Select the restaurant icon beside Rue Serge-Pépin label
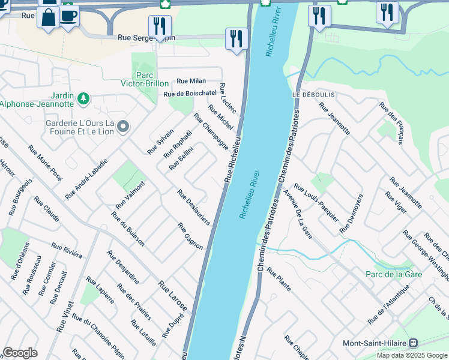(160, 26)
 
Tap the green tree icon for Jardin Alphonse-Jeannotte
(83, 98)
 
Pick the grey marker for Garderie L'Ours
(123, 127)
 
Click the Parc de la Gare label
(394, 274)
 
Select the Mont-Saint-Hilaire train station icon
(413, 343)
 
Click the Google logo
(20, 353)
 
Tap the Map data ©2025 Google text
(412, 355)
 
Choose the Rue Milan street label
(191, 81)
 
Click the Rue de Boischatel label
(190, 94)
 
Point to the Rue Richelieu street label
(233, 159)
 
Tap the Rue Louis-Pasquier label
(316, 202)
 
